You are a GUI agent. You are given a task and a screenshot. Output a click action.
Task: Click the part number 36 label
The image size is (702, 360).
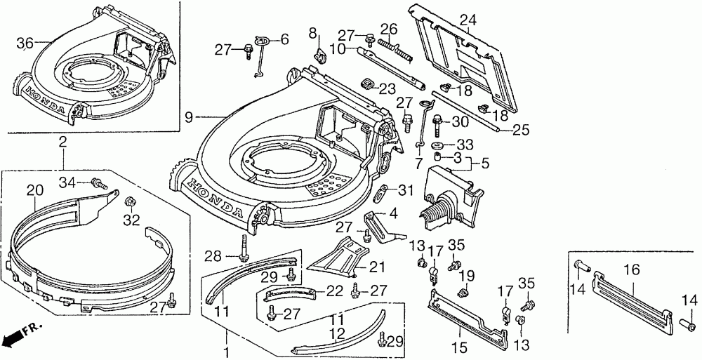(x=25, y=44)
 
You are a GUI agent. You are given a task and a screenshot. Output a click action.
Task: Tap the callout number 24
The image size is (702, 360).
(x=468, y=20)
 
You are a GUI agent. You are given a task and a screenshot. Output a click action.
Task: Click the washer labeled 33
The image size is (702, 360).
(x=438, y=145)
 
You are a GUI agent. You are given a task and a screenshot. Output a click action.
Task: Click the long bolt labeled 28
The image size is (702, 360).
(x=244, y=247)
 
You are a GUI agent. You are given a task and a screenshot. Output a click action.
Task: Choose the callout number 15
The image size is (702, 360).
(x=460, y=347)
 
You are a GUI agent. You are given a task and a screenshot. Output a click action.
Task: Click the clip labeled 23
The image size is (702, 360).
(x=367, y=84)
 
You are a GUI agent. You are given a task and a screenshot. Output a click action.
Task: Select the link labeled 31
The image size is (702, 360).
(x=380, y=192)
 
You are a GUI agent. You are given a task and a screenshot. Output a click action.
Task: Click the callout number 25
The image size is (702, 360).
(x=521, y=130)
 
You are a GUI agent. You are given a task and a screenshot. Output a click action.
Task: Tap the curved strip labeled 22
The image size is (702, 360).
(x=290, y=293)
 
